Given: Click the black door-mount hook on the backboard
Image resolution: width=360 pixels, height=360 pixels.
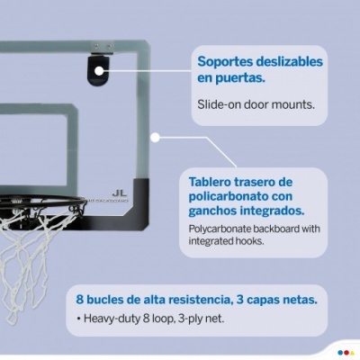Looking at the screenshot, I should [x=97, y=67].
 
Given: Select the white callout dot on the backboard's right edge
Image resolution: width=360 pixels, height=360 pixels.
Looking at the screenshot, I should [x=157, y=138].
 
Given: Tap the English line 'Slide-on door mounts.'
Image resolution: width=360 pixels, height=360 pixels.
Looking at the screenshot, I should [x=256, y=103].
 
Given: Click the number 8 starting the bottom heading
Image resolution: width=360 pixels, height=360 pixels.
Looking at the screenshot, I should [x=79, y=300].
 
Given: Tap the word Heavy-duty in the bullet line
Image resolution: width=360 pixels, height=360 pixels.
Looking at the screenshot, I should [x=115, y=319].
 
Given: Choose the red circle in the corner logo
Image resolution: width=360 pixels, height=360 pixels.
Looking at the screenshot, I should [x=351, y=352].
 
